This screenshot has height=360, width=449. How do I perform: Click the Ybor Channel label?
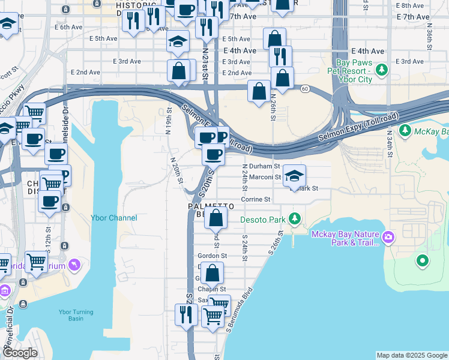114,218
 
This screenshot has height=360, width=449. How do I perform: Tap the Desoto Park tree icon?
294,218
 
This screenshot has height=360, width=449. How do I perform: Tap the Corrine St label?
256,199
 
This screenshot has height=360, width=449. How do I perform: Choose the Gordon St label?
212,255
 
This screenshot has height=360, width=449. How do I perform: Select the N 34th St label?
389,144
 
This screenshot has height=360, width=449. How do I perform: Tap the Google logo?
20,353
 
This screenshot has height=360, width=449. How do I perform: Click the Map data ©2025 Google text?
411,355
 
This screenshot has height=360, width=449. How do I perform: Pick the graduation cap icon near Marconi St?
294,176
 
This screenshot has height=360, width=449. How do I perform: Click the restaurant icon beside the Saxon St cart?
186,314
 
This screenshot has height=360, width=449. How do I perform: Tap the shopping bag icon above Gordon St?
216,218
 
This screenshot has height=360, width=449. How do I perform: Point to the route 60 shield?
306,89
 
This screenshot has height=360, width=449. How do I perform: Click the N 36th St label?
430,36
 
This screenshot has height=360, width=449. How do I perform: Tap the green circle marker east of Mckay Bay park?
423,260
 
